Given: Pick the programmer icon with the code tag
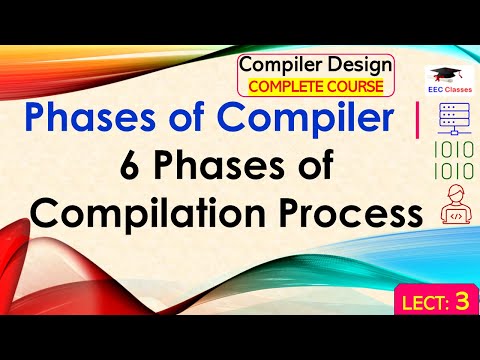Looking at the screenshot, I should (444, 209).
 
